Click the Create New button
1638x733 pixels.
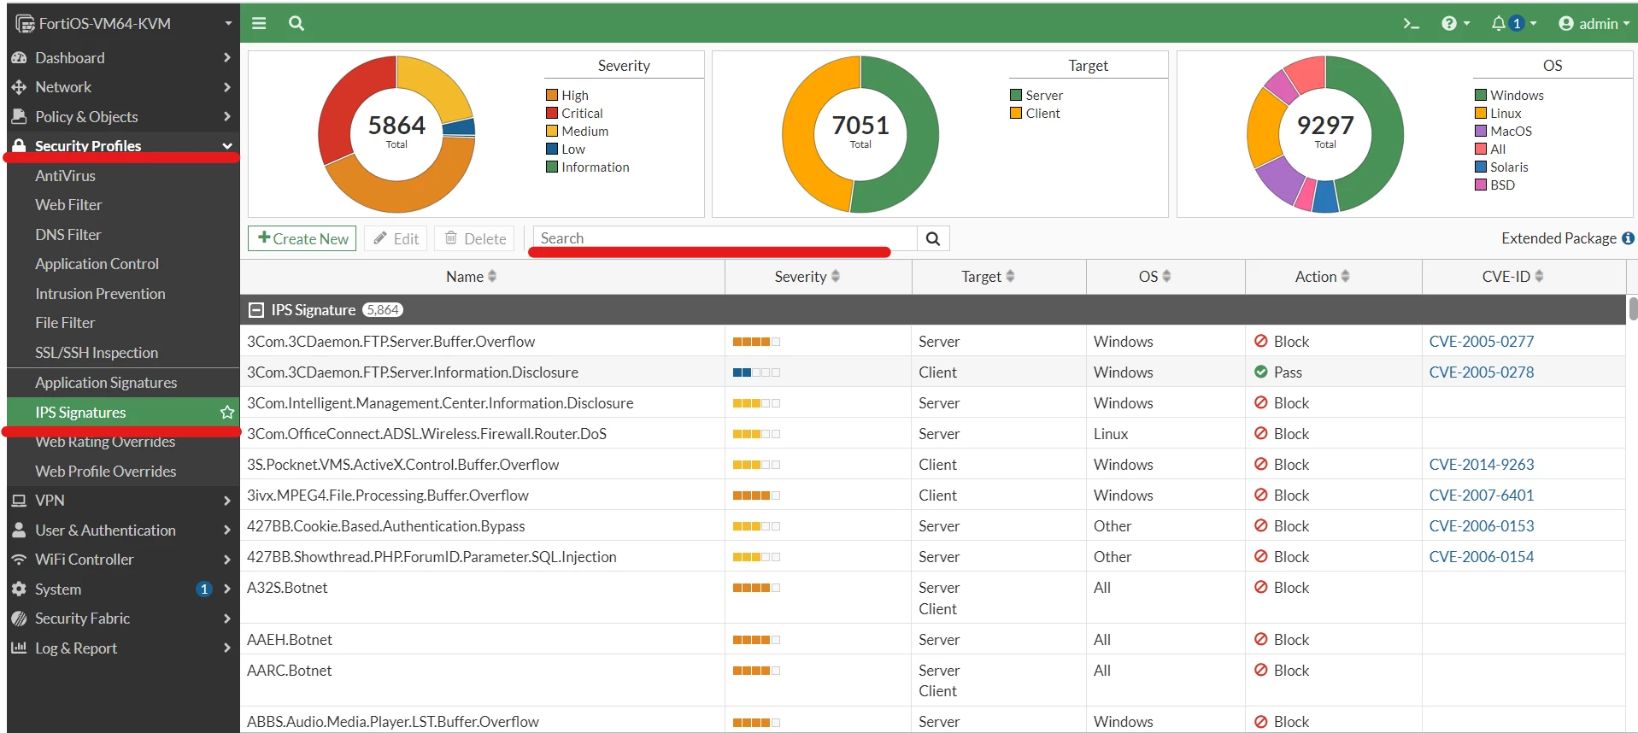coord(302,238)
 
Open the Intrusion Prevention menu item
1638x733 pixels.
coord(100,293)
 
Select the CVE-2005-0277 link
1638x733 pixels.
coord(1481,341)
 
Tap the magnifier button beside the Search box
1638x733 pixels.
coord(933,238)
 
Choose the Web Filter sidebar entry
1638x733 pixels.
coord(68,204)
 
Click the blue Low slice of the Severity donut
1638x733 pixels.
coord(460,127)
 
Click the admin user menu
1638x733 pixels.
coord(1594,23)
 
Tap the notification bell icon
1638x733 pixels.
coord(1498,23)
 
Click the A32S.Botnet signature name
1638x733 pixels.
coord(287,587)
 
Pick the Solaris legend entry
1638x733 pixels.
coord(1501,167)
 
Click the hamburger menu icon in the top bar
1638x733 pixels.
coord(259,23)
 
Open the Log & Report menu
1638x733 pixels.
coord(76,648)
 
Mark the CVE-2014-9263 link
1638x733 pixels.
coord(1481,464)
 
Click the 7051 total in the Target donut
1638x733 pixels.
coord(860,126)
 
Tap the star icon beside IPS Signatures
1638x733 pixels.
coord(227,412)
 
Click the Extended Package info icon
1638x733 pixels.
coord(1628,238)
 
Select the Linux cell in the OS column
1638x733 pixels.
coord(1110,433)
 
